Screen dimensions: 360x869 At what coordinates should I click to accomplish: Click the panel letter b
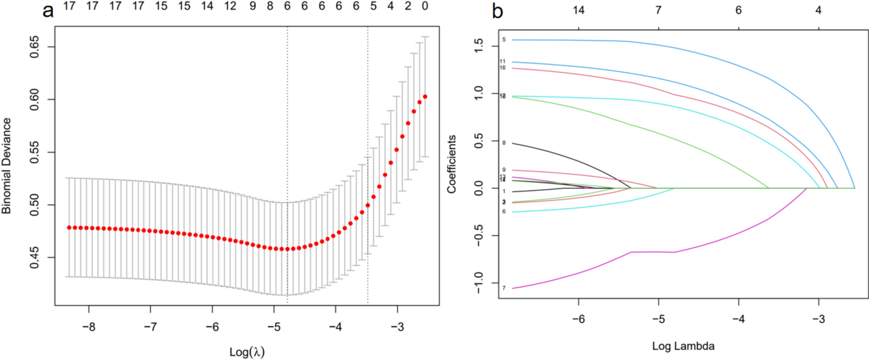point(497,11)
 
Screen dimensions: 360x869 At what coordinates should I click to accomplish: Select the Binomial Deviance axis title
point(6,166)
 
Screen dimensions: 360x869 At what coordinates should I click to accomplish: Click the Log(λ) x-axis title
point(247,352)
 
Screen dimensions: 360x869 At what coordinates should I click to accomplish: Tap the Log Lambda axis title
point(683,346)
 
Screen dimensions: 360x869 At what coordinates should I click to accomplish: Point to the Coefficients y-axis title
point(452,164)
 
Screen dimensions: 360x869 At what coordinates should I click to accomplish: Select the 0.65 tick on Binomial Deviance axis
point(34,47)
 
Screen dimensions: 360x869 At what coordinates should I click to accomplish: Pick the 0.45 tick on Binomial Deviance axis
point(34,258)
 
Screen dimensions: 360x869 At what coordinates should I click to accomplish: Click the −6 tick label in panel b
point(578,319)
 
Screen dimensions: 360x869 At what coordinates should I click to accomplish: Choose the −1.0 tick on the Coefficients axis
point(478,282)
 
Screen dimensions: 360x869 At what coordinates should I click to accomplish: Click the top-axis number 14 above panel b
point(578,10)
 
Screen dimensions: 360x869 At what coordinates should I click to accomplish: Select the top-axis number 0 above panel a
point(425,6)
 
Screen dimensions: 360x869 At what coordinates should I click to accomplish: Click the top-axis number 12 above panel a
point(230,6)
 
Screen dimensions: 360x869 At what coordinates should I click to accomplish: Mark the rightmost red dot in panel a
point(425,97)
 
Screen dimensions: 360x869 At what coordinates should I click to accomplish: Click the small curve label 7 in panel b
point(504,288)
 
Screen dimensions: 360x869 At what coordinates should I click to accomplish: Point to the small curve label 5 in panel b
point(504,40)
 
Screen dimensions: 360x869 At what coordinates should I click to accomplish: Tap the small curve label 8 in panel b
point(504,143)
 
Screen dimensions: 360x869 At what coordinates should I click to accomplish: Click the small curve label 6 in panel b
point(504,212)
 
